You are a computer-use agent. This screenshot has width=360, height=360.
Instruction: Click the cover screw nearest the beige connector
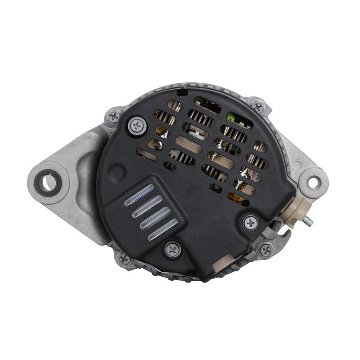coord(250,222)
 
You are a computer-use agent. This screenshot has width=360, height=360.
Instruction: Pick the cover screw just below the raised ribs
coord(172,249)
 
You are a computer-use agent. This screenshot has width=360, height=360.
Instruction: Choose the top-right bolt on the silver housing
coord(257,107)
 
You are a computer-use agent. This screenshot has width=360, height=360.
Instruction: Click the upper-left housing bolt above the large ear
coord(113,117)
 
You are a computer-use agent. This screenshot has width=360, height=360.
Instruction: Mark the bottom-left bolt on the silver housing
coord(124,258)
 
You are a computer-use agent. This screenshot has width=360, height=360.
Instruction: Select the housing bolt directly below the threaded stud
coord(266,249)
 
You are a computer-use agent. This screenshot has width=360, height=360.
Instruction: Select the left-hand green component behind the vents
coord(198,99)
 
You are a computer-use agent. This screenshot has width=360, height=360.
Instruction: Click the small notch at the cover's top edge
coord(182,92)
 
